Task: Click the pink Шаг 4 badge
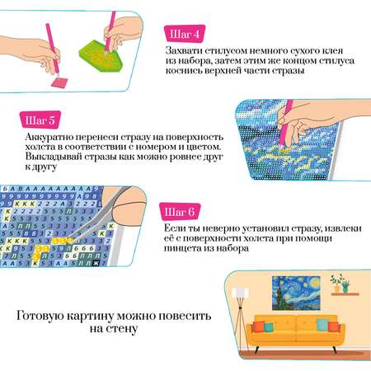(x=185, y=34)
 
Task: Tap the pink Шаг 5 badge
(x=40, y=120)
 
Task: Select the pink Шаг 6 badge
(x=180, y=212)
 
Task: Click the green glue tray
(x=101, y=57)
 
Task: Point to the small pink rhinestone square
(x=59, y=82)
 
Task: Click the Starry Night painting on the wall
(x=296, y=293)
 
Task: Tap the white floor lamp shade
(x=241, y=293)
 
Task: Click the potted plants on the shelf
(x=340, y=283)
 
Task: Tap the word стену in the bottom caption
(x=122, y=328)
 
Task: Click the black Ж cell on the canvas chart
(x=96, y=263)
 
